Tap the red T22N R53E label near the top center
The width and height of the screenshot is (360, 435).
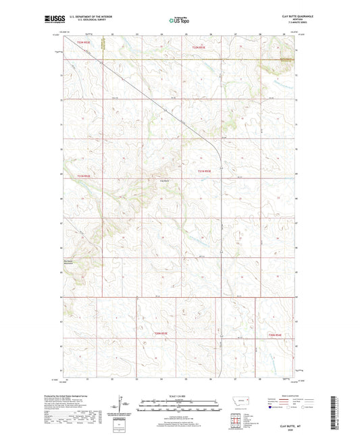(199, 47)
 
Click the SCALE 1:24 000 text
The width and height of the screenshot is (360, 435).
(179, 395)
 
